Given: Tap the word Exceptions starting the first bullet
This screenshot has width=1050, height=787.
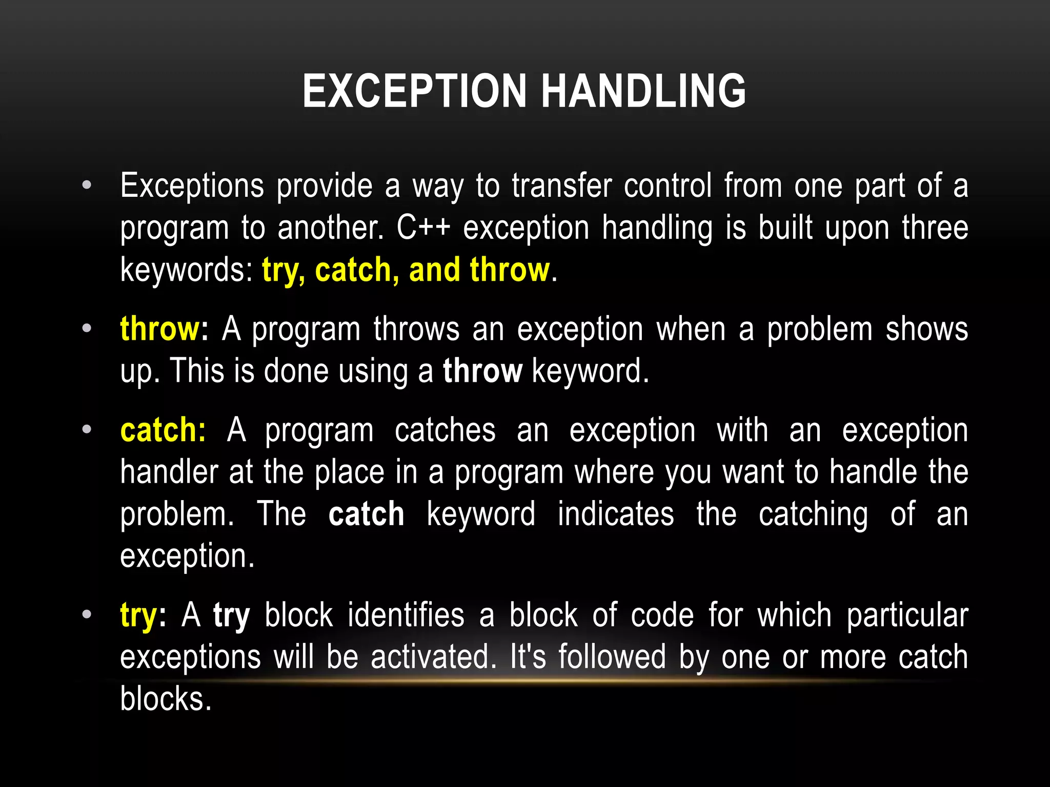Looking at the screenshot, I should [x=192, y=185].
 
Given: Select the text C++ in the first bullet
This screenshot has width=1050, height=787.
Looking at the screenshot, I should [x=423, y=228].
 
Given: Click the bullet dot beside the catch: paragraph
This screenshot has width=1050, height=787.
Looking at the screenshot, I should [x=87, y=429].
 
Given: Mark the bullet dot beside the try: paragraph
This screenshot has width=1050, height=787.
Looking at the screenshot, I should [x=87, y=614].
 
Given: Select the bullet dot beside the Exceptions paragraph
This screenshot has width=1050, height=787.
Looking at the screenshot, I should [x=87, y=185].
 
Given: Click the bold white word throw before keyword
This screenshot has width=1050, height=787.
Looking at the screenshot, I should [x=482, y=371].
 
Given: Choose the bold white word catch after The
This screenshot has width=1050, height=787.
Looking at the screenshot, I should [x=366, y=514].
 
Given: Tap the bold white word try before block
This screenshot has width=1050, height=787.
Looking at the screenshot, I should [x=232, y=615].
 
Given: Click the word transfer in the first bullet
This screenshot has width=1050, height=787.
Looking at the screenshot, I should [x=561, y=185].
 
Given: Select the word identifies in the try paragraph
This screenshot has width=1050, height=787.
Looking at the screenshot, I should [x=406, y=615].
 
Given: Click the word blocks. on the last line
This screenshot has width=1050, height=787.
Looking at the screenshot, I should [x=166, y=699].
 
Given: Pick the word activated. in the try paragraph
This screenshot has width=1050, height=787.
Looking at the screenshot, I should [x=434, y=657].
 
